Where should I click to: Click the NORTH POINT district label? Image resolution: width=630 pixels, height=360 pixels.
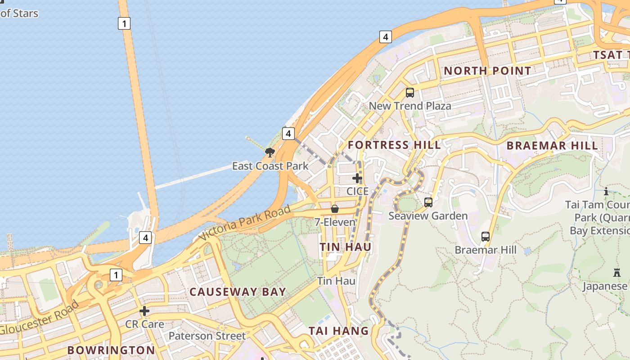point(487,71)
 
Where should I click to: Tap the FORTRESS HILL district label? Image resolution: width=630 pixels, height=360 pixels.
point(394,145)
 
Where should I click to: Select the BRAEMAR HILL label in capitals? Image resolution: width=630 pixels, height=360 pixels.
point(552,145)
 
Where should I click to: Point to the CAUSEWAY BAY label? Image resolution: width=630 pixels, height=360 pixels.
point(238,292)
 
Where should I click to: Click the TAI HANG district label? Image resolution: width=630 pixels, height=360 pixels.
point(338,331)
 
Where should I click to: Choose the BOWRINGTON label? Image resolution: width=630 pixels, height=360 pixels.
point(111,350)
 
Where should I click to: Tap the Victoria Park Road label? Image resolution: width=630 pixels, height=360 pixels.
point(245,223)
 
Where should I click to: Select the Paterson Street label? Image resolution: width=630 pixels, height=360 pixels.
point(207,336)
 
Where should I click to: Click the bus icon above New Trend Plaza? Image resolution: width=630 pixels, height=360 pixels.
point(409,93)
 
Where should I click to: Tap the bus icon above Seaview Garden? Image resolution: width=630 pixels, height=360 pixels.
point(428,202)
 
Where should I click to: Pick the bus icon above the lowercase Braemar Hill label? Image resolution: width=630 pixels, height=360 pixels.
point(485,236)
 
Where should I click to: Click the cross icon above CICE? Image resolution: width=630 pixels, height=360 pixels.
point(357,178)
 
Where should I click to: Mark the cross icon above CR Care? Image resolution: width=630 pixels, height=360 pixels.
point(144,311)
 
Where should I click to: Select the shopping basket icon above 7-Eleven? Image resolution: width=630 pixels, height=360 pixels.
point(335,209)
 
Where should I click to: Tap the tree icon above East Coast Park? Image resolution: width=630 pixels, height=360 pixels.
point(270,152)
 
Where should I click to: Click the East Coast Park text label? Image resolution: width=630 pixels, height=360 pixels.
point(270,166)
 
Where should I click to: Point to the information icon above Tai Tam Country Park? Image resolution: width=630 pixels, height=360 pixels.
point(606,192)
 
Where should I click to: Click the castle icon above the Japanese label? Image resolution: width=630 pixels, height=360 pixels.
point(616,273)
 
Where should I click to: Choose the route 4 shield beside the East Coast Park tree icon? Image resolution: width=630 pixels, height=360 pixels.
point(288,133)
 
